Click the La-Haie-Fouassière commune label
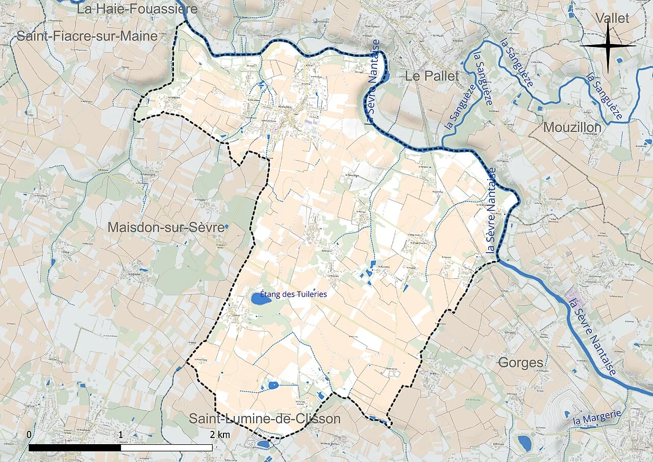[x=130, y=9]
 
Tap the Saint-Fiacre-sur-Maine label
[x=87, y=36]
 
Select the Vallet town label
[x=613, y=18]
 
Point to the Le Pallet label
[x=432, y=77]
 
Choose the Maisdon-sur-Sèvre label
[x=166, y=228]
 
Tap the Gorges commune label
[x=520, y=363]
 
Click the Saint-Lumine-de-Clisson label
[x=264, y=419]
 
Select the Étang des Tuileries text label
[x=293, y=294]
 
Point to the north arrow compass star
[x=608, y=46]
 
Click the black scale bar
[x=120, y=448]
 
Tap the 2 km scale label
[x=220, y=434]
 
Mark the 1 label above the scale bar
[x=121, y=434]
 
